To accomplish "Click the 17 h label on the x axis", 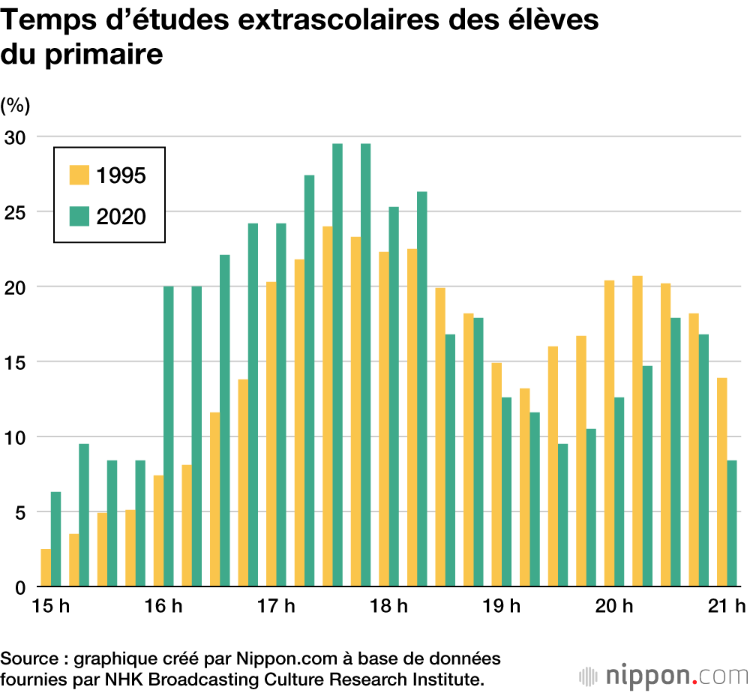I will point(275,607).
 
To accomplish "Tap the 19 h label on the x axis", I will point(501,607).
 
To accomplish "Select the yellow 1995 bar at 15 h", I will point(46,568).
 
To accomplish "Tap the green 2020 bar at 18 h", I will point(394,397).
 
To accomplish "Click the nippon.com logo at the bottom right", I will point(664,675).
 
